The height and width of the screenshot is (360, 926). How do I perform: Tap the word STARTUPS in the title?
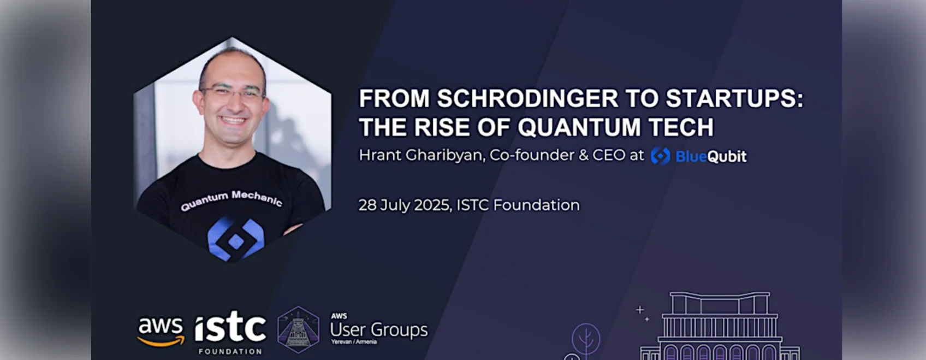[x=734, y=98]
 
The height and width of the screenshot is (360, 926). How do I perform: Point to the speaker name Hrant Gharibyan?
[x=421, y=155]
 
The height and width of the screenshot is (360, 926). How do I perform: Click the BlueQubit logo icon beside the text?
[x=660, y=156]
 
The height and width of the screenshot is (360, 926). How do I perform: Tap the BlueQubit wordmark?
[x=711, y=156]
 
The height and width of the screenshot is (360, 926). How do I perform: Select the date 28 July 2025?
[x=404, y=205]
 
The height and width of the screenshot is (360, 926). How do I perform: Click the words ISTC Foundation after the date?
[x=518, y=205]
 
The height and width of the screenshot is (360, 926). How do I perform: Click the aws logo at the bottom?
[x=161, y=332]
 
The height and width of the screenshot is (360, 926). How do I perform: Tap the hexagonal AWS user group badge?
[x=298, y=330]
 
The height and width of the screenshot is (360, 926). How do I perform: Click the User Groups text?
[x=379, y=330]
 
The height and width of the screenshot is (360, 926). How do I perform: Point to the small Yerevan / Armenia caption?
[x=353, y=342]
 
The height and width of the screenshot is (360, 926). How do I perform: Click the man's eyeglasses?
[x=233, y=93]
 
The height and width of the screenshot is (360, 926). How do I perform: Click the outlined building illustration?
[x=720, y=326]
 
